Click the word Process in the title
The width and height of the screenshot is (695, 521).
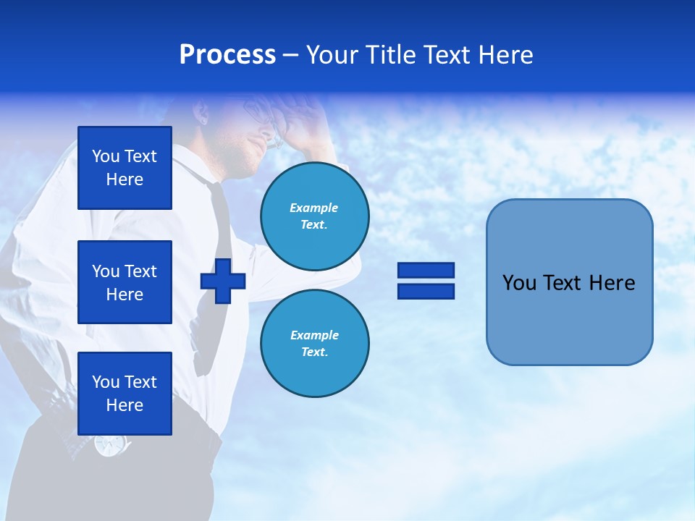click(x=227, y=55)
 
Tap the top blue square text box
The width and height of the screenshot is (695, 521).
click(x=125, y=168)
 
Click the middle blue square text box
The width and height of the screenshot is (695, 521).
click(x=125, y=282)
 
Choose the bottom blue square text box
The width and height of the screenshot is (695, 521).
click(x=125, y=394)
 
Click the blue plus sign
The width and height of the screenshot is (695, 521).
click(x=223, y=281)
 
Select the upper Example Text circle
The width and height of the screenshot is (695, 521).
click(x=314, y=216)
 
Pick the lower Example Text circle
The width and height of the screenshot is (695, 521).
click(x=314, y=343)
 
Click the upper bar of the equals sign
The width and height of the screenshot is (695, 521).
click(x=426, y=270)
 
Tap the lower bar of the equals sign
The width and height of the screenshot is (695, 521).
click(x=426, y=291)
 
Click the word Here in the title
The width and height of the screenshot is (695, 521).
click(x=505, y=55)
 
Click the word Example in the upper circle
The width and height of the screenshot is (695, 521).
click(x=314, y=208)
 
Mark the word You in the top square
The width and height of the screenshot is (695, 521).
click(x=105, y=156)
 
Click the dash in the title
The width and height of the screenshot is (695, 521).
click(x=290, y=55)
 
